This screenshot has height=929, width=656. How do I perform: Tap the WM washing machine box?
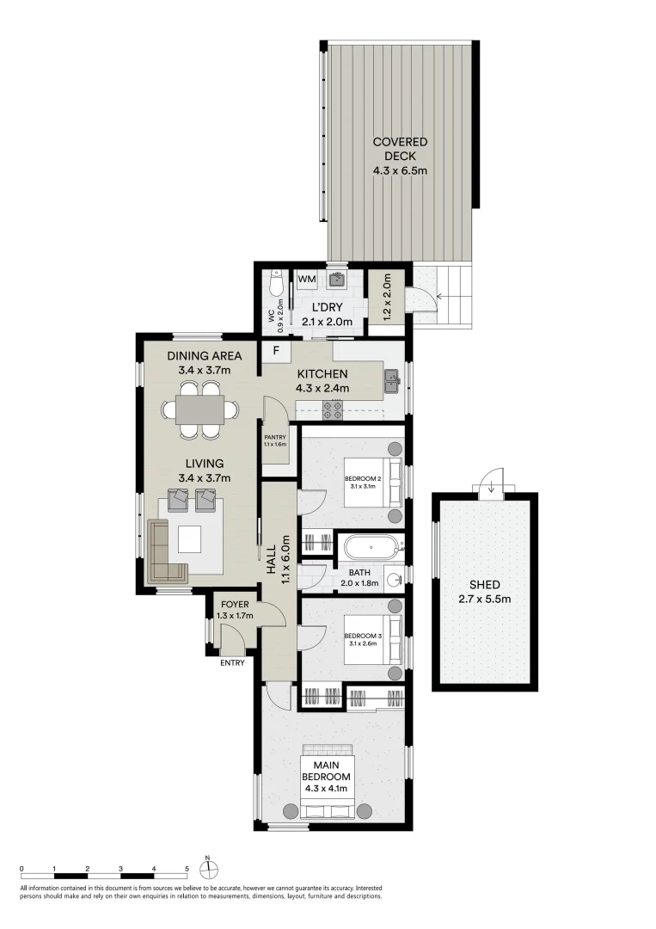pyautogui.click(x=307, y=279)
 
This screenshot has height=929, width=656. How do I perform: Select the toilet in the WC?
pyautogui.click(x=276, y=284)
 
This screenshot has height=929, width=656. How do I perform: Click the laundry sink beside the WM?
pyautogui.click(x=338, y=279)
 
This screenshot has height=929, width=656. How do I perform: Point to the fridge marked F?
pyautogui.click(x=276, y=351)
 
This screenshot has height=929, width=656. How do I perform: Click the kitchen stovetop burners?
pyautogui.click(x=332, y=410)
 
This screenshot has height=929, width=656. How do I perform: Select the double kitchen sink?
pyautogui.click(x=393, y=381)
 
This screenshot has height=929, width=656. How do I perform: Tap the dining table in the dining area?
pyautogui.click(x=200, y=409)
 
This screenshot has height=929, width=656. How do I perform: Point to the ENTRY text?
pyautogui.click(x=232, y=663)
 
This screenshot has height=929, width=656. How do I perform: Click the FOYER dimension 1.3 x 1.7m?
pyautogui.click(x=235, y=616)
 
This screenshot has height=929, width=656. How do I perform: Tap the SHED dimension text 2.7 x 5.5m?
pyautogui.click(x=484, y=599)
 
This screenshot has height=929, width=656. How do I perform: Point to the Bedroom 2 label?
pyautogui.click(x=363, y=479)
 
